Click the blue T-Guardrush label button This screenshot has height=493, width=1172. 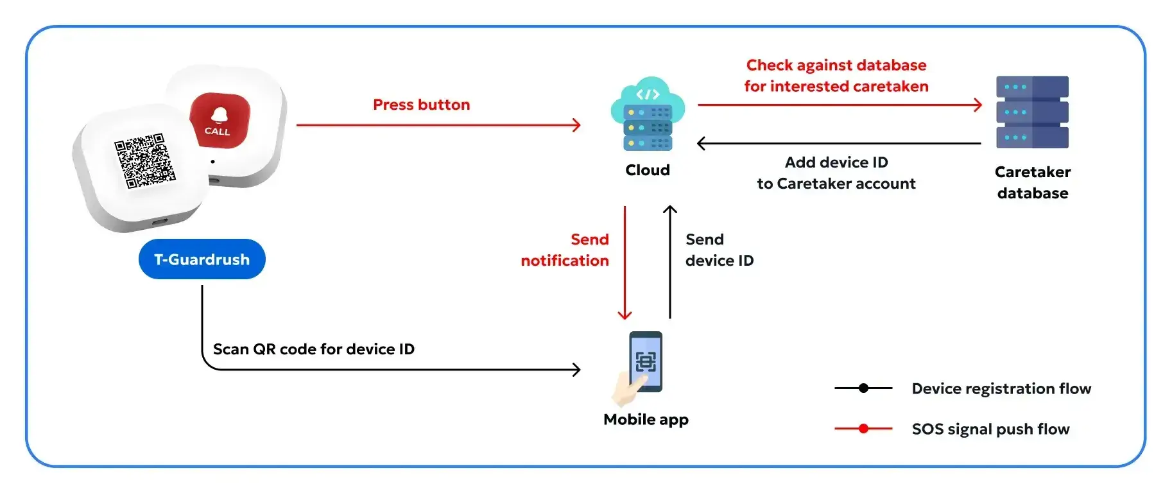(x=202, y=259)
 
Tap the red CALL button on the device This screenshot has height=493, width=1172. (x=220, y=119)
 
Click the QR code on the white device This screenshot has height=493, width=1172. (x=144, y=160)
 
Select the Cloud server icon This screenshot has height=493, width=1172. (x=648, y=116)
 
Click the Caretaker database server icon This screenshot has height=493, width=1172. (x=1032, y=112)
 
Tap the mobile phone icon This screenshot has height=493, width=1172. (x=644, y=363)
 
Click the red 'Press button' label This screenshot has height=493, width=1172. (x=421, y=105)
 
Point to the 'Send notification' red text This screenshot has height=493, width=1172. (x=565, y=250)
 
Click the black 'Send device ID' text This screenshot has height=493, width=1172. (x=719, y=250)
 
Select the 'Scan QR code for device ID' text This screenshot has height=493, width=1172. (x=313, y=349)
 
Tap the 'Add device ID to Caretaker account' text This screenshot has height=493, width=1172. (x=836, y=173)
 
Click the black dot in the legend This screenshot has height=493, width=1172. (x=863, y=388)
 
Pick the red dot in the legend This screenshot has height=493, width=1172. (x=863, y=429)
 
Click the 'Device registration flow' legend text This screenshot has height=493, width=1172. (x=1001, y=388)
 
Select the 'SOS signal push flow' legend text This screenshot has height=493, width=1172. (x=990, y=429)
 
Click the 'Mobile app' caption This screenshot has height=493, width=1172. (x=646, y=420)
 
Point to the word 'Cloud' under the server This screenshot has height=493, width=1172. (x=648, y=170)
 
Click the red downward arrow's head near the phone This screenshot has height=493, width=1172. (x=625, y=315)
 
